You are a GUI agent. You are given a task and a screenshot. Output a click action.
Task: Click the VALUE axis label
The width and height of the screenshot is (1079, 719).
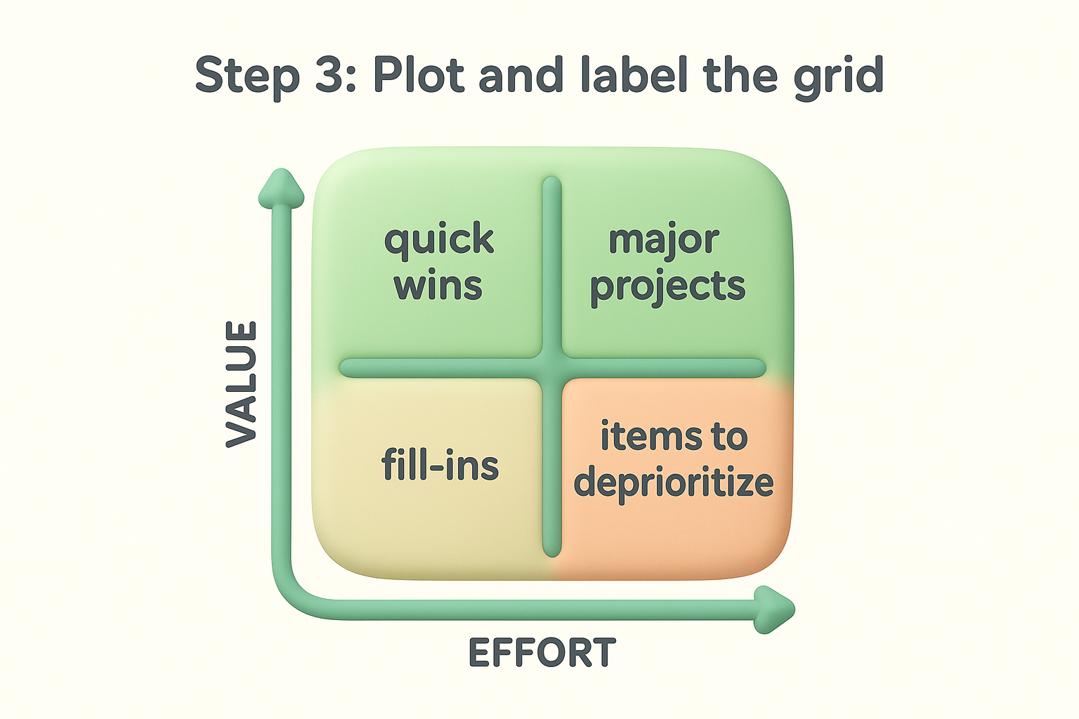pyautogui.click(x=242, y=383)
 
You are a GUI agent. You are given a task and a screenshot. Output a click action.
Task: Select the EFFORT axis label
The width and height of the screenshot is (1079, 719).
pyautogui.click(x=542, y=653)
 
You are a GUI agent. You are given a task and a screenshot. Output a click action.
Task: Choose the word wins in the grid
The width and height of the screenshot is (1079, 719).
pyautogui.click(x=438, y=286)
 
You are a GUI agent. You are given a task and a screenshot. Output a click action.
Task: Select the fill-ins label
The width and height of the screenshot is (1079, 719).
pyautogui.click(x=440, y=465)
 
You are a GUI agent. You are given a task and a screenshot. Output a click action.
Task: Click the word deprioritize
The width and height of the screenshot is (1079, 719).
pyautogui.click(x=674, y=483)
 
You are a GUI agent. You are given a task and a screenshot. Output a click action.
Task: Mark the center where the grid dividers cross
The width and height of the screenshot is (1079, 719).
pyautogui.click(x=552, y=368)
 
